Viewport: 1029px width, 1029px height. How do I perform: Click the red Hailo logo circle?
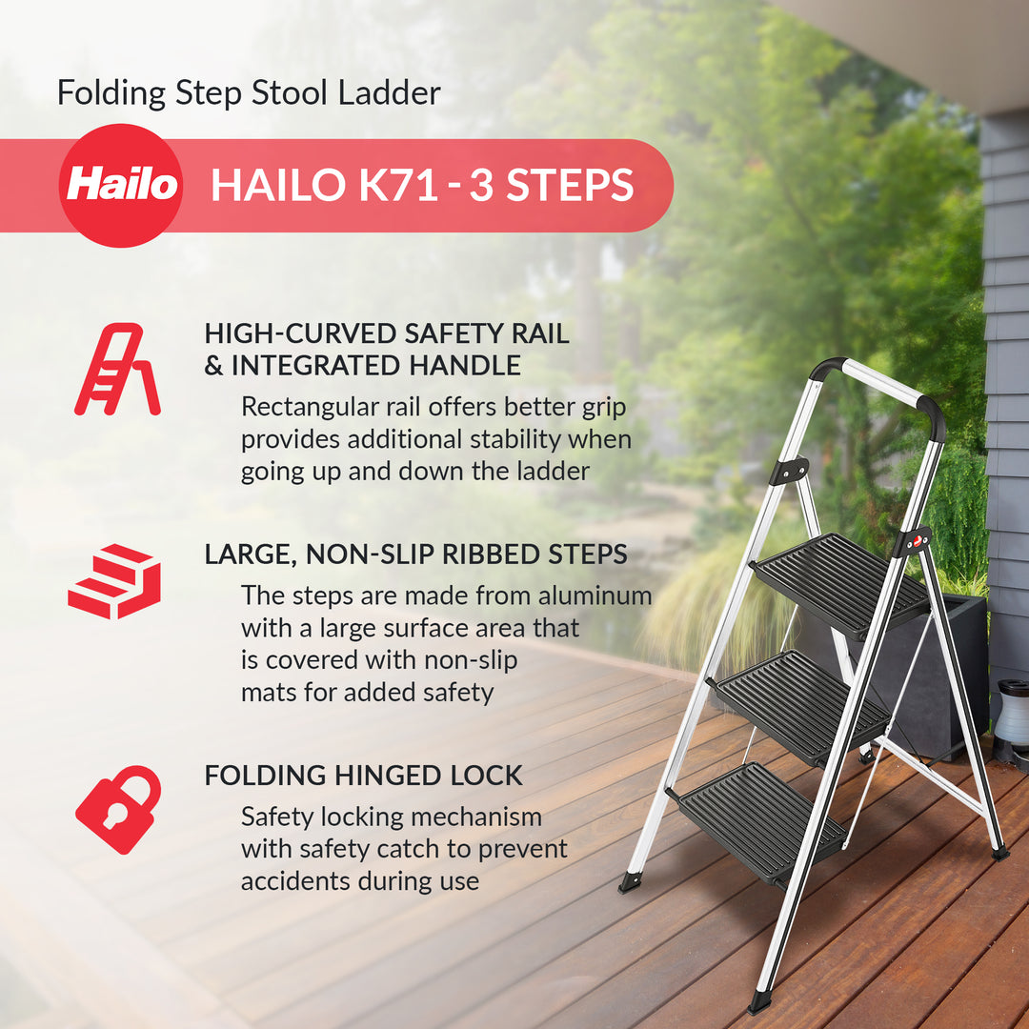[121, 185]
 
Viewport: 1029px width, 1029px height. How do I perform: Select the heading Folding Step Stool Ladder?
[249, 93]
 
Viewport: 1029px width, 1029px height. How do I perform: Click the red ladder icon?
[116, 369]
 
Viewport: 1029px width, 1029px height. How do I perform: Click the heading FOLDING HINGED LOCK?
[363, 776]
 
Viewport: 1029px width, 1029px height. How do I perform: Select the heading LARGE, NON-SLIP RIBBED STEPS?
[415, 555]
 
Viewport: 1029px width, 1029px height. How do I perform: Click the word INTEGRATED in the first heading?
[315, 365]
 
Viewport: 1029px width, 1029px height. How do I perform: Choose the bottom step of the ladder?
[762, 820]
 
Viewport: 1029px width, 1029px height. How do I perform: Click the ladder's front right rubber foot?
[759, 1002]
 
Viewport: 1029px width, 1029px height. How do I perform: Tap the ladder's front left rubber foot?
[629, 882]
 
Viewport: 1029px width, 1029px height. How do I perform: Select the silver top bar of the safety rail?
[882, 382]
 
